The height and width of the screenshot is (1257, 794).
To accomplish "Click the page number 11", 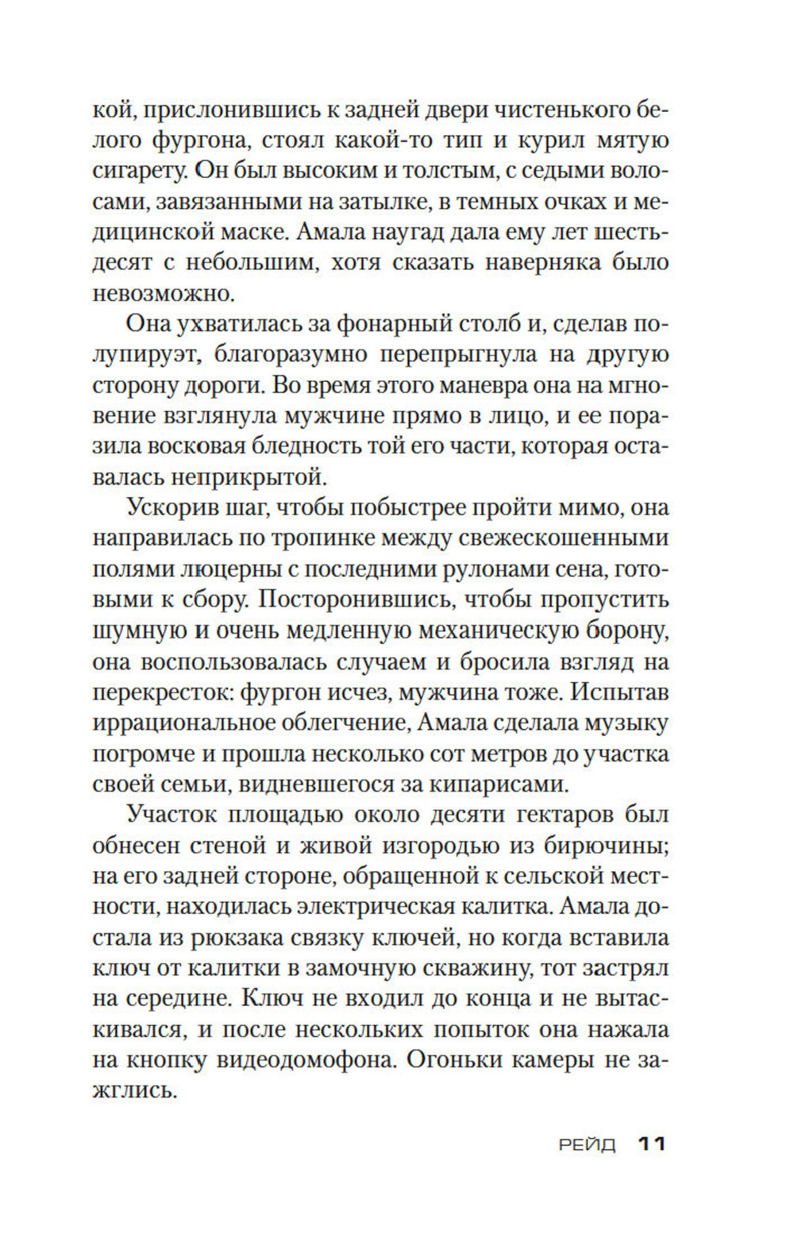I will coord(651,1144).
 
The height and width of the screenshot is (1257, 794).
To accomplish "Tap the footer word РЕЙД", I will coord(588,1145).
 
